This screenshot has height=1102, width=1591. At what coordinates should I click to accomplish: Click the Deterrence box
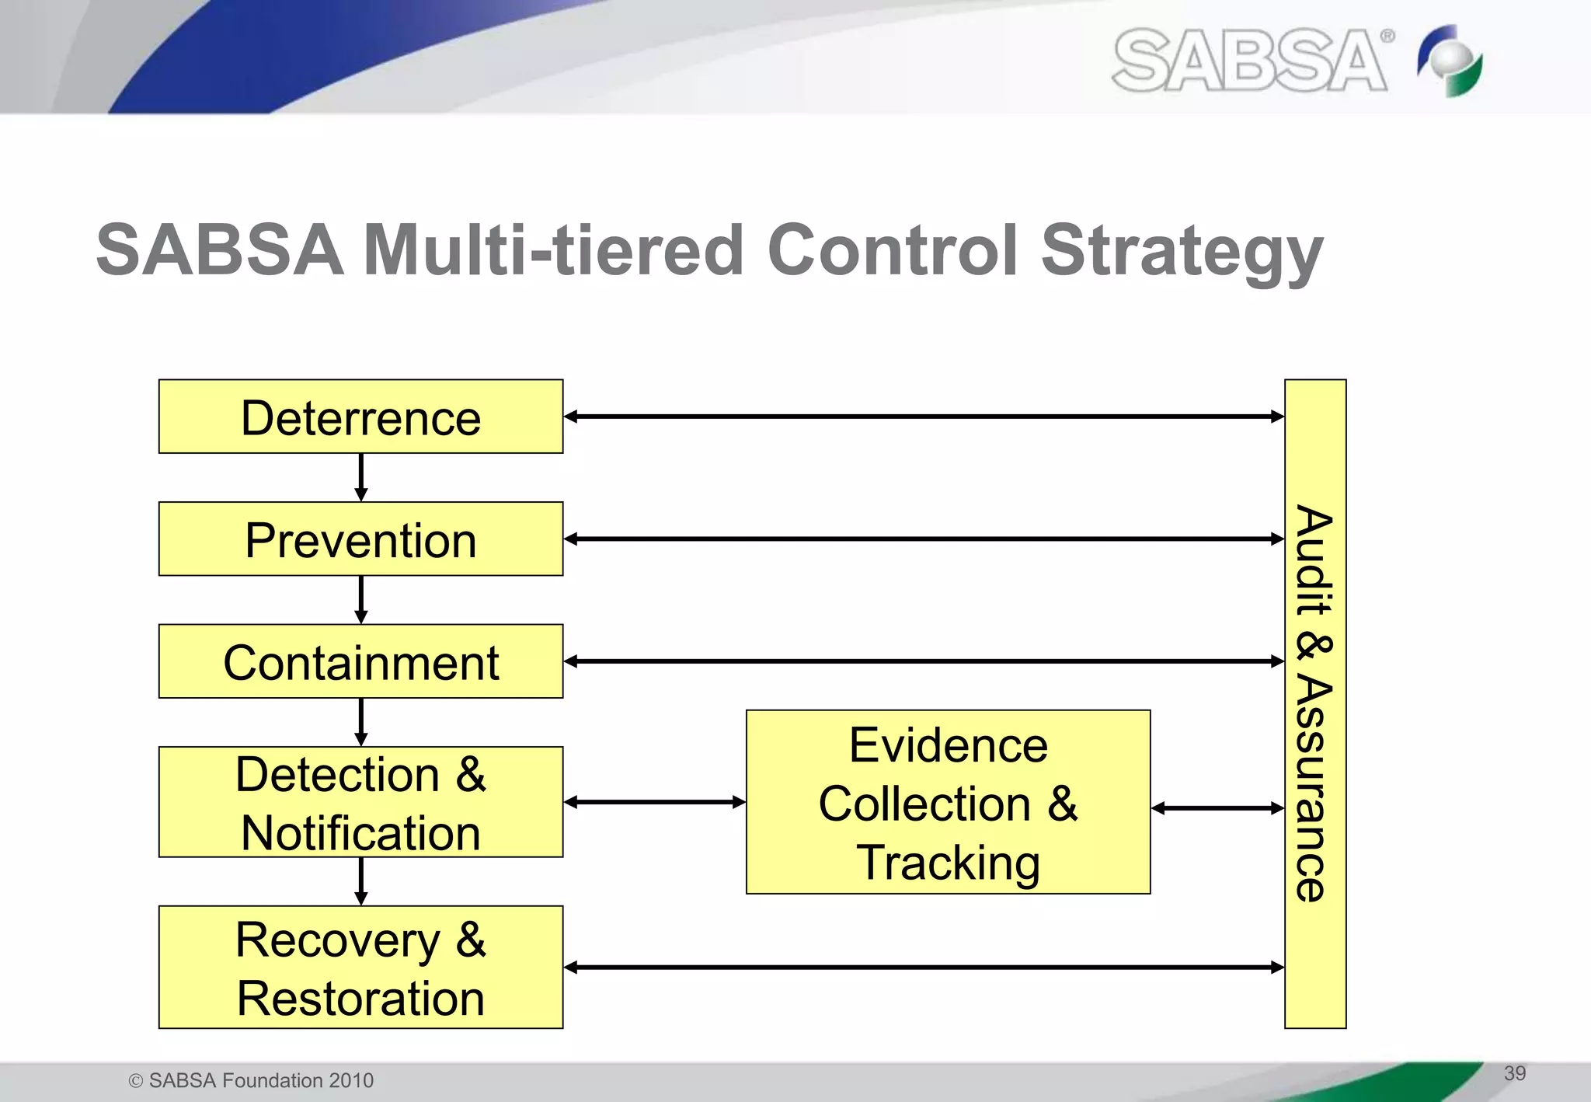tap(360, 417)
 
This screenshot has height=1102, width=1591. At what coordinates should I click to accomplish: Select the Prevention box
tap(360, 539)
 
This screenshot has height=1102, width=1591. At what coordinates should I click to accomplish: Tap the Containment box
tap(360, 661)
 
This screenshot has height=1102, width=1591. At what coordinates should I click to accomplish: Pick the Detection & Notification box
tap(360, 802)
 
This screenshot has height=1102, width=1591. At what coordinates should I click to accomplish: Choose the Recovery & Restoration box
tap(360, 968)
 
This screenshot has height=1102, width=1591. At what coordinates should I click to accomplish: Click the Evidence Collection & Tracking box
tap(948, 802)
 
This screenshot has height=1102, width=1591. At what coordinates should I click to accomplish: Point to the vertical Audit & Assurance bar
tap(1314, 703)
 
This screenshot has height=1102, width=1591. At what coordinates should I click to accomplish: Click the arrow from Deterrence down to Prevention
tap(360, 477)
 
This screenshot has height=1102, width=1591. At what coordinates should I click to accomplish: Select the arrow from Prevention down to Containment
tap(360, 599)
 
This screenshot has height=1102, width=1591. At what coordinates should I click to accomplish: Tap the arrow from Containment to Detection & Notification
tap(360, 722)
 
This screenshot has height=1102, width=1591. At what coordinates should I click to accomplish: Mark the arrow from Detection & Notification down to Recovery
tap(360, 881)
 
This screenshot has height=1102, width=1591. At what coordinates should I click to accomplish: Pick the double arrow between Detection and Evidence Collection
tap(654, 802)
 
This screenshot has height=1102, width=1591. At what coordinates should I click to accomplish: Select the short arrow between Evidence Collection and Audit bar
tap(1217, 808)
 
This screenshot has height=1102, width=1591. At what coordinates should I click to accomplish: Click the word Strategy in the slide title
tap(1181, 250)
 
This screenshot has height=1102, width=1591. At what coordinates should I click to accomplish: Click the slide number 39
tap(1514, 1073)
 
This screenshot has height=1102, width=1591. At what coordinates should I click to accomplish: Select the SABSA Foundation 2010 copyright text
tap(252, 1080)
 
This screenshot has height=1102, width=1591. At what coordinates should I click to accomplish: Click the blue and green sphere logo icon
tap(1450, 61)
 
